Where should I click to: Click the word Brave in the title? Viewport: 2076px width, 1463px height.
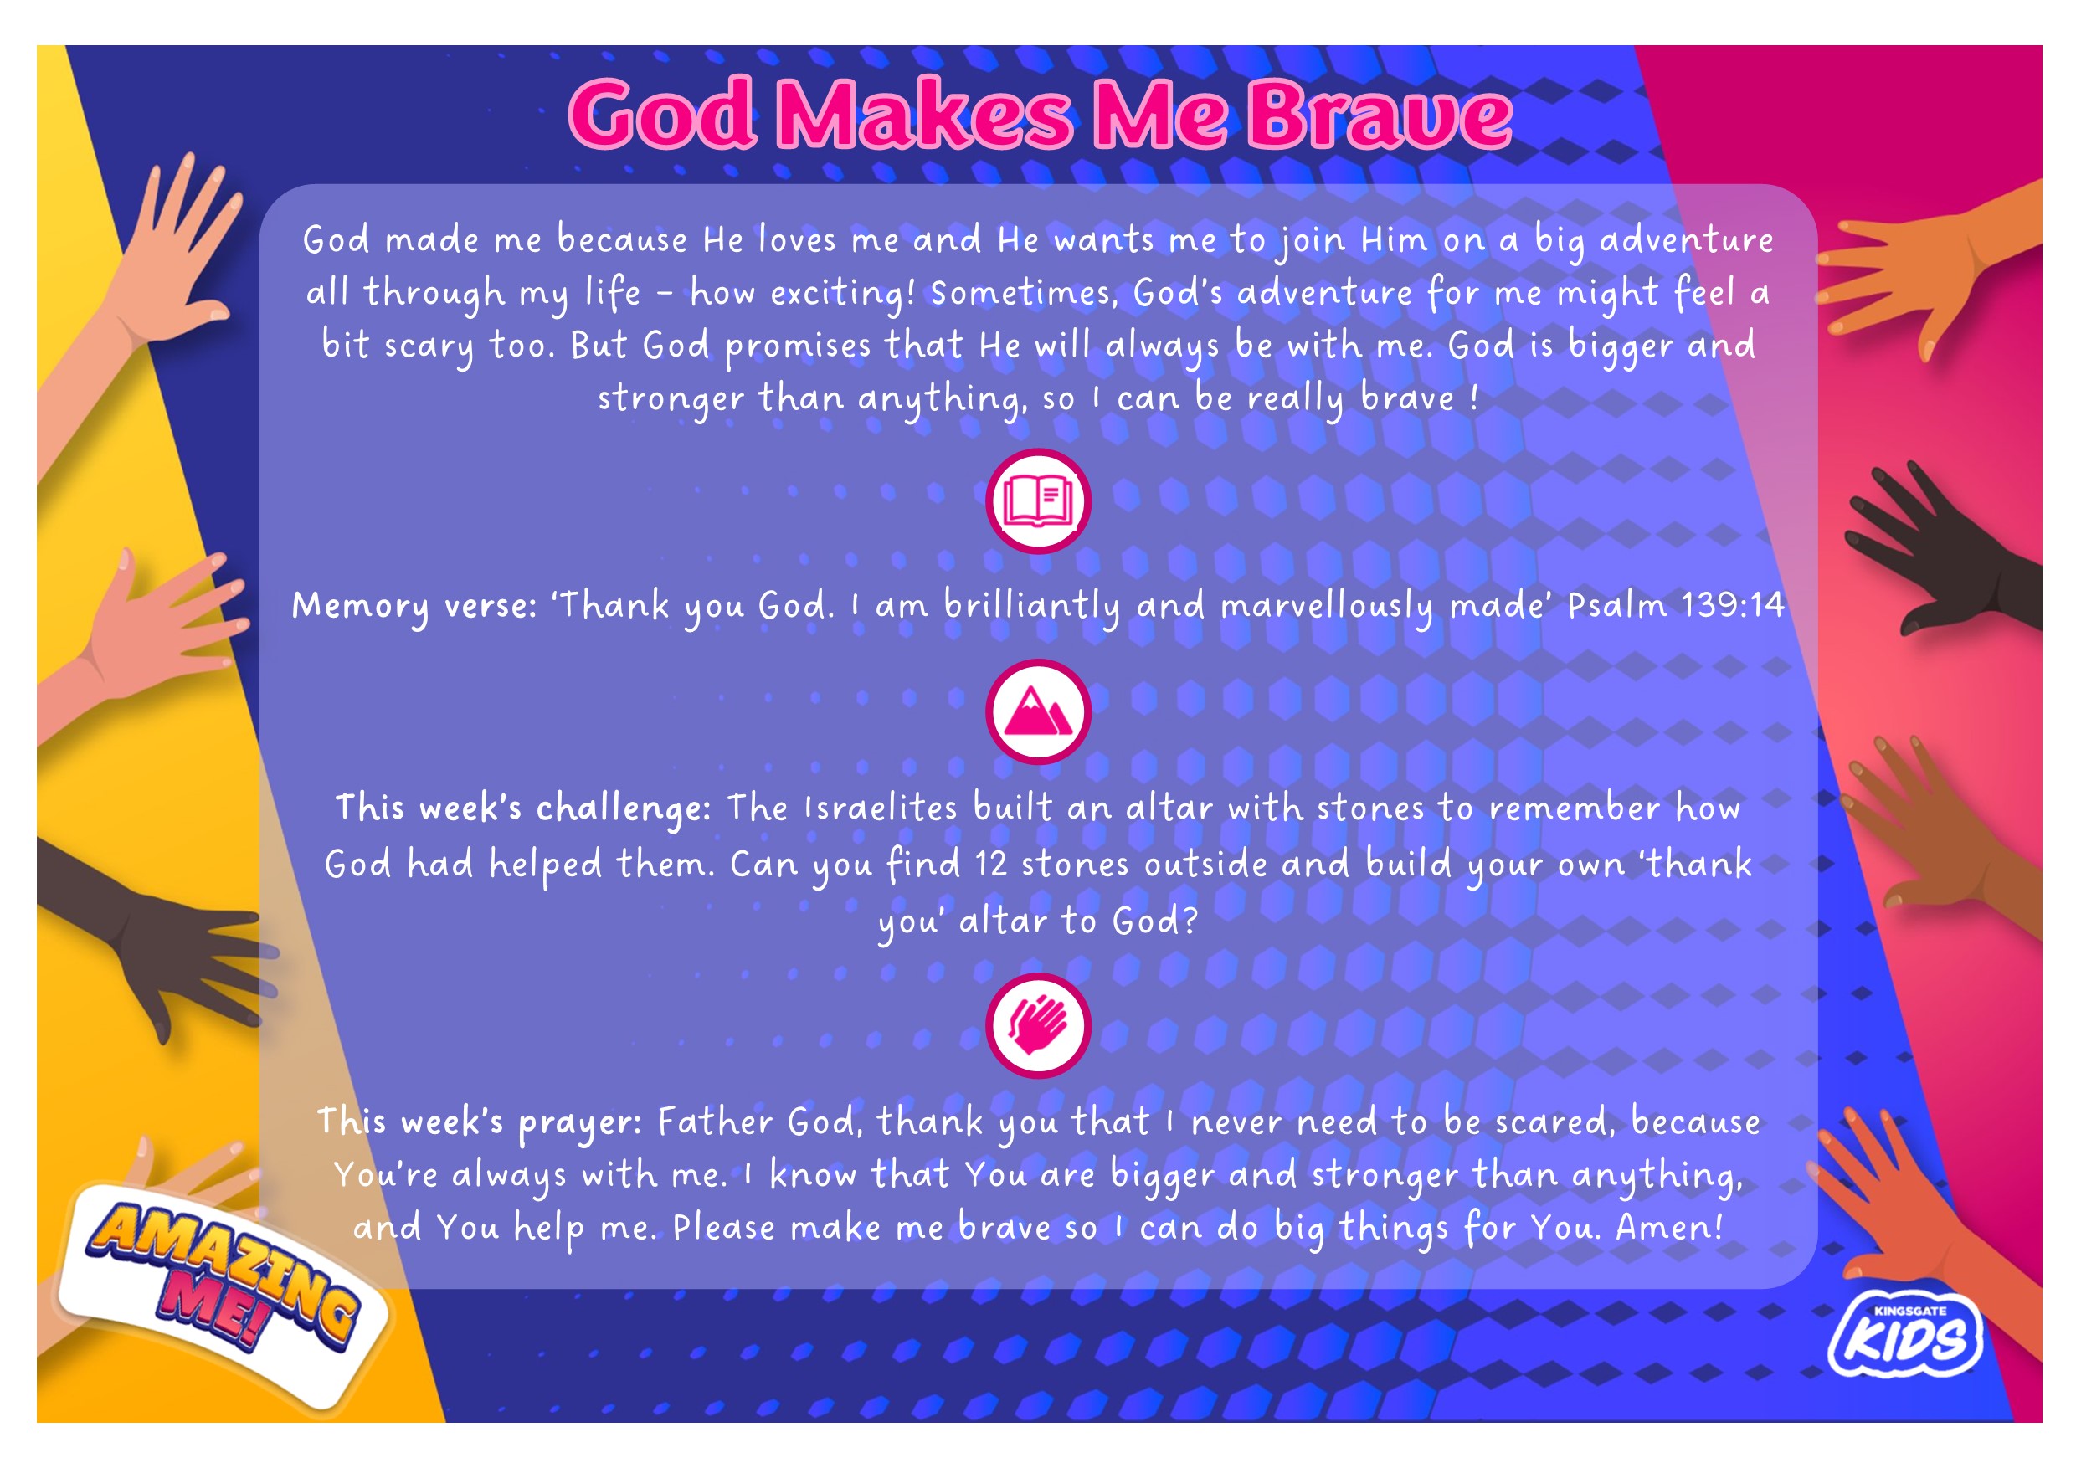point(1381,115)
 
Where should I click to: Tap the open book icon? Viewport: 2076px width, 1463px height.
point(1038,501)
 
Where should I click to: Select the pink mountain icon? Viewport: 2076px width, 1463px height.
point(1038,711)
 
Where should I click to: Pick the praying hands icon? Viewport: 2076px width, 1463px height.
point(1038,1025)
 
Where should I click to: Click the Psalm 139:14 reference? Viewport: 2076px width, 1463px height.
point(1675,605)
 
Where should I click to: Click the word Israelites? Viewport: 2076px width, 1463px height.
point(880,808)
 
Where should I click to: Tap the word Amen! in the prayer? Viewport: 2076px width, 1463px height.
point(1669,1227)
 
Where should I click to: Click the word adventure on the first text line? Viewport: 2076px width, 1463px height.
point(1686,240)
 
